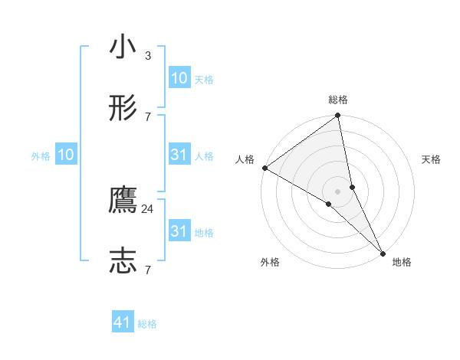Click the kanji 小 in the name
click(x=123, y=48)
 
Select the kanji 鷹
click(x=123, y=201)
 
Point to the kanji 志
click(x=123, y=260)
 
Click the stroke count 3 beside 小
click(x=148, y=56)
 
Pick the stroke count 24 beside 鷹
click(x=148, y=208)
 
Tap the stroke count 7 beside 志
click(x=148, y=269)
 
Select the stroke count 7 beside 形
click(x=148, y=116)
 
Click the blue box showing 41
click(x=123, y=323)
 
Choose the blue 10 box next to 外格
click(x=66, y=155)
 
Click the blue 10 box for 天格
click(x=179, y=79)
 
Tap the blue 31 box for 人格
click(x=179, y=155)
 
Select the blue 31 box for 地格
click(x=179, y=231)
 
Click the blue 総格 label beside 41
click(x=147, y=324)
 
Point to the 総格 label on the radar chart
click(x=338, y=100)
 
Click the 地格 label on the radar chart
click(x=402, y=263)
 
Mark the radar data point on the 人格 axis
click(x=264, y=168)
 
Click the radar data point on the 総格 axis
click(x=338, y=116)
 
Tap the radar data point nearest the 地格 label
click(x=383, y=252)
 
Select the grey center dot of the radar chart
click(x=338, y=191)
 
